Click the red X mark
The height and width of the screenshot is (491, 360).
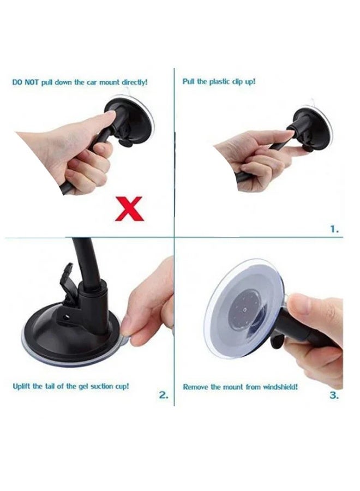point(129,209)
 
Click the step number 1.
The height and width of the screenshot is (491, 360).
point(334,230)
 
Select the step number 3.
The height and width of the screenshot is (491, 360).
point(334,396)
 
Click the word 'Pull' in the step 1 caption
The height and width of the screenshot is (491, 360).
point(188,81)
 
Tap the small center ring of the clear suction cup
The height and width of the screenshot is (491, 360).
point(244,311)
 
